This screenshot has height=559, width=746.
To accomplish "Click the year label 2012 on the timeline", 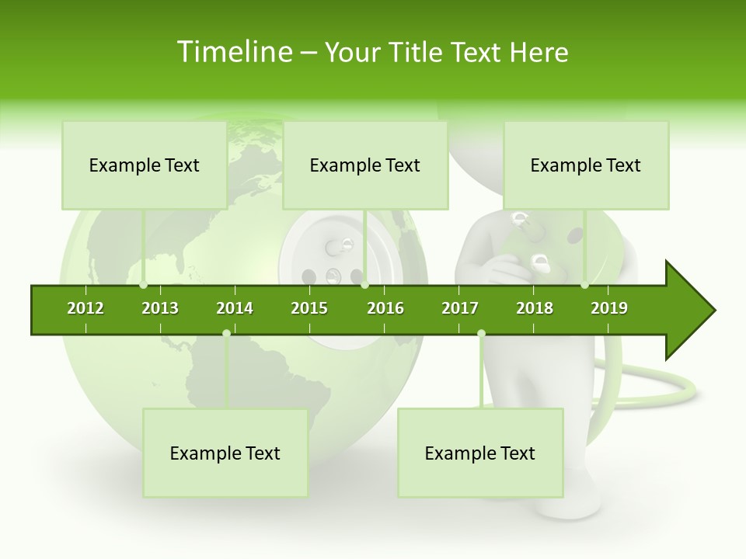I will (85, 308).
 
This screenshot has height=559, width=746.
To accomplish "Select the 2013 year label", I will (160, 308).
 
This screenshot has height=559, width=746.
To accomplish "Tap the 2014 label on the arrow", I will (235, 308).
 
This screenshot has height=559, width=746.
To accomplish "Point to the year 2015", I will (309, 308).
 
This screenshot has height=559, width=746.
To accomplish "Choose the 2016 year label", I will (385, 308).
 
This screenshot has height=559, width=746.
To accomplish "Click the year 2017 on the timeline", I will (460, 308).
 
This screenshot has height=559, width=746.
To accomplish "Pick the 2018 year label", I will (535, 308).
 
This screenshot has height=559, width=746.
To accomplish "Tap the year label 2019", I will (609, 308).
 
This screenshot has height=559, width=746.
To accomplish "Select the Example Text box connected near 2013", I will (145, 165).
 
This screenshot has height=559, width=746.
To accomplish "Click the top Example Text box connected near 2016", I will (365, 165).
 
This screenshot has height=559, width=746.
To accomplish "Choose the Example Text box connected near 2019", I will (586, 165).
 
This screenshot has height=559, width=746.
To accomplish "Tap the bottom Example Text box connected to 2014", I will (225, 453).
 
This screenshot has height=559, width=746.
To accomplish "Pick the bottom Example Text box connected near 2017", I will (480, 453).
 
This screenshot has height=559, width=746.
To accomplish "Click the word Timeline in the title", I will (233, 52).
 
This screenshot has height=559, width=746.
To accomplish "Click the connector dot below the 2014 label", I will (226, 333).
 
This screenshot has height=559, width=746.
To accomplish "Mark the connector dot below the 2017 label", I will (481, 333).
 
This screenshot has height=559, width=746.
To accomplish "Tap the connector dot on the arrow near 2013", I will (144, 285).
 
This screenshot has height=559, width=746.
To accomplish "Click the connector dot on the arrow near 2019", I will (584, 285).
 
